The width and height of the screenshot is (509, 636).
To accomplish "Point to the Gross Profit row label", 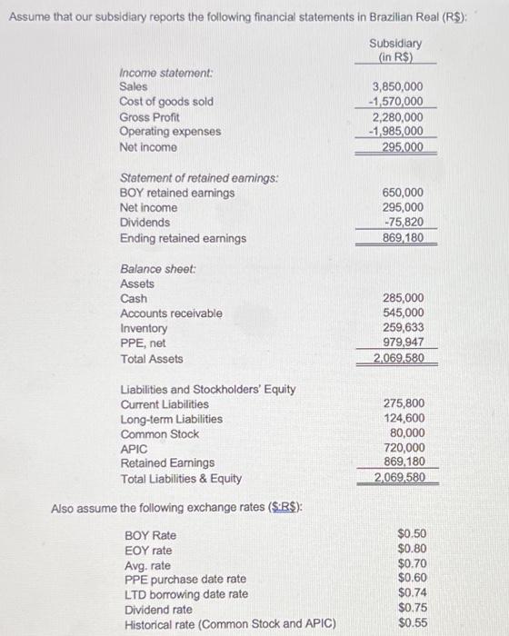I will click(x=149, y=117).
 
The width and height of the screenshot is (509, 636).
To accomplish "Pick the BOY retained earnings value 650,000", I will click(x=404, y=193).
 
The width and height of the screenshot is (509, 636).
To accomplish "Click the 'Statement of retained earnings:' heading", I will click(x=199, y=177).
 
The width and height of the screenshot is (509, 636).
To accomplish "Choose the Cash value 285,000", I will click(x=404, y=298).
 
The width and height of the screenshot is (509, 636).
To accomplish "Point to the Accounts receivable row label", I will click(x=171, y=313).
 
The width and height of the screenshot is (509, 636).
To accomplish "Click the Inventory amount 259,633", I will click(x=404, y=328).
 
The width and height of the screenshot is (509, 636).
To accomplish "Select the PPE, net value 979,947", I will click(x=404, y=343).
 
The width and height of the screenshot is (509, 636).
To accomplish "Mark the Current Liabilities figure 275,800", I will click(x=404, y=403).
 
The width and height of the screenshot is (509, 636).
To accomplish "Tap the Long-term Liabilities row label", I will click(x=171, y=419).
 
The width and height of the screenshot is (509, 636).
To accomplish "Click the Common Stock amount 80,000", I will click(x=407, y=433).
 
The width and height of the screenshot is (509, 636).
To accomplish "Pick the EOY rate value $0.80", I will click(x=413, y=550).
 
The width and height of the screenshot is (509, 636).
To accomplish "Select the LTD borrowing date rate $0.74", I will click(x=413, y=593).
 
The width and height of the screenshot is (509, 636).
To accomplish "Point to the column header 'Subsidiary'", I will click(x=395, y=44).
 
